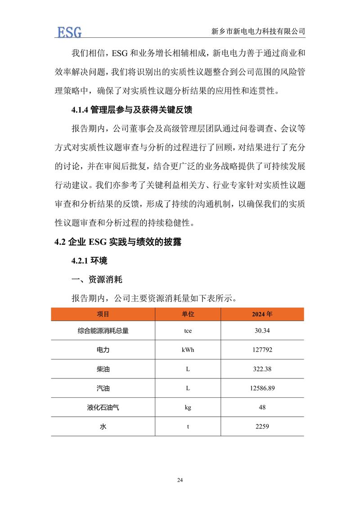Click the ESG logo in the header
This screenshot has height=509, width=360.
click(69, 32)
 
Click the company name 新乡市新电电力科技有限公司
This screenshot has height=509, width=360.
click(258, 32)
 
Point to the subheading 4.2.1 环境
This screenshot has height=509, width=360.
click(90, 261)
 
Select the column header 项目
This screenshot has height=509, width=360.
click(103, 314)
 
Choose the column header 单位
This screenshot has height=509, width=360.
click(188, 314)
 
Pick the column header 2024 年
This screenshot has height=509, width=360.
click(262, 314)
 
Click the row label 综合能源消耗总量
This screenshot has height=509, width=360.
click(103, 331)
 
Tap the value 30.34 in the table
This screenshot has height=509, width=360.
click(262, 331)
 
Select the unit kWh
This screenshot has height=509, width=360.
click(188, 350)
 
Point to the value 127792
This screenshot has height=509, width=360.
click(262, 350)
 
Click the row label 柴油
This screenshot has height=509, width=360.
click(103, 369)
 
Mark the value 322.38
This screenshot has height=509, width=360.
click(262, 369)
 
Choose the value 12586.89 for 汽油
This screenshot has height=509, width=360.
click(262, 388)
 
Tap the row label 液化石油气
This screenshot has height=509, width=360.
click(103, 407)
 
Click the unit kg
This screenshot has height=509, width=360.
click(188, 407)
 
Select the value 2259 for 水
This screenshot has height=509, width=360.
click(262, 426)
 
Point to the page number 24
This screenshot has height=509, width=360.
click(180, 480)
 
